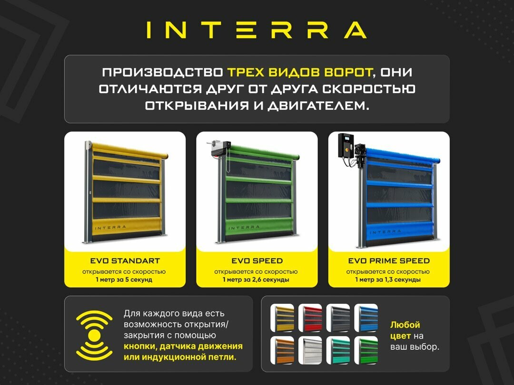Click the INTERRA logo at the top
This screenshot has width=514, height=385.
click(x=257, y=29)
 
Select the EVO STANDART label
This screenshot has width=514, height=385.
click(x=125, y=260)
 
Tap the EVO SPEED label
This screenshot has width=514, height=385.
click(x=257, y=260)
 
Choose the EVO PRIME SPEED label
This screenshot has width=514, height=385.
click(x=389, y=260)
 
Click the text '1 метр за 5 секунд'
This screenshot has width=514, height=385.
click(x=125, y=280)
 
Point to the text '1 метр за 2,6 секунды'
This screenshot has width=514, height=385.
click(x=257, y=280)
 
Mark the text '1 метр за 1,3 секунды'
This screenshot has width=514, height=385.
click(x=389, y=280)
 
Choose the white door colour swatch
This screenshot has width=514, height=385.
click(x=310, y=350)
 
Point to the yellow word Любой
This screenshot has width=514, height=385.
click(x=405, y=326)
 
